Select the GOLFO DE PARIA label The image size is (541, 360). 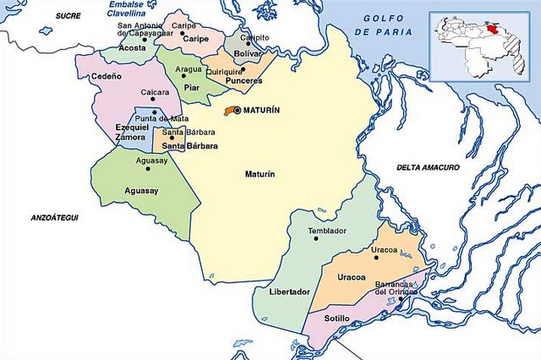coord(387,25)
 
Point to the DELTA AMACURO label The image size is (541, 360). coord(429,168)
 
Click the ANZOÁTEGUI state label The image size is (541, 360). coord(52,218)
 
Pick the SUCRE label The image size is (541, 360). coord(68,16)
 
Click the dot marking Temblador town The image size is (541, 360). coord(316,238)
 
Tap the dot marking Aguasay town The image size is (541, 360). coord(149,168)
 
